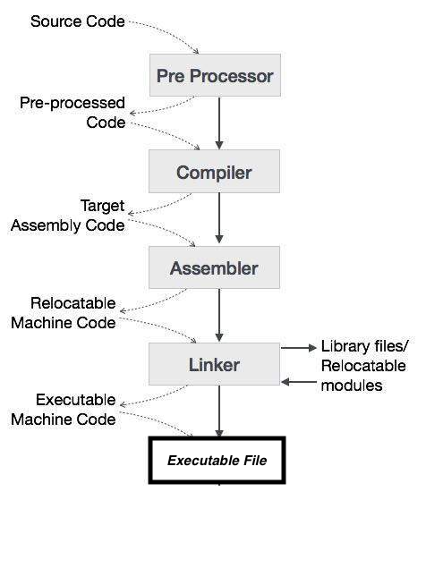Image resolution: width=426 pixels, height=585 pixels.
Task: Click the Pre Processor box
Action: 215,75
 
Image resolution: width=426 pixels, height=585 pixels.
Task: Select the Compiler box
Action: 215,172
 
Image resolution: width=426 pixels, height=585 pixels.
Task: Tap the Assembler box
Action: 215,267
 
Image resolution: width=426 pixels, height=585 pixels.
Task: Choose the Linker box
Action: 215,364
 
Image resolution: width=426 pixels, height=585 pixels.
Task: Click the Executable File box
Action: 217,461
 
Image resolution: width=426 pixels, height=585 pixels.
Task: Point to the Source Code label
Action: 77,21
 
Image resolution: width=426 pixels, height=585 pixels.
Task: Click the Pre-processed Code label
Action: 73,113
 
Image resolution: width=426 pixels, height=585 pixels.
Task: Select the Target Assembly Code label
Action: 68,216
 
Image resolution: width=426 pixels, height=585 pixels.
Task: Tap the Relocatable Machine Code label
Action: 64,312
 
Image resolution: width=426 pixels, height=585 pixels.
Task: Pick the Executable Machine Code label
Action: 64,409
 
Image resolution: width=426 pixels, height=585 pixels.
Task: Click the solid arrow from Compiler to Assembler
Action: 219,219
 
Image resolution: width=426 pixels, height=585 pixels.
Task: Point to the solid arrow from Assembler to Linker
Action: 219,316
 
